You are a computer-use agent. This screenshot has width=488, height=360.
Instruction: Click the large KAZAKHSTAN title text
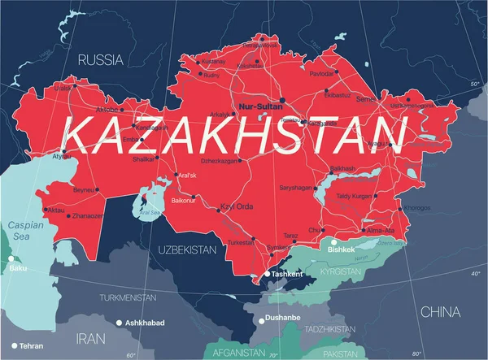point(235,133)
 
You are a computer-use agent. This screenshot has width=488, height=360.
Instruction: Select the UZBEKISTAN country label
point(186,249)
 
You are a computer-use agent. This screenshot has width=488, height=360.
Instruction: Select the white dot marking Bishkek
point(333,241)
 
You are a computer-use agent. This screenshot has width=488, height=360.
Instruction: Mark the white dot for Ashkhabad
point(119,323)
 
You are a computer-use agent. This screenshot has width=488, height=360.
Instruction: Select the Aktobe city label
point(109,108)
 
